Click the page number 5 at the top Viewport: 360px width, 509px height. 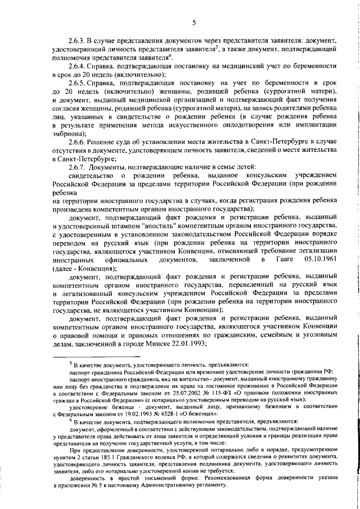pos(194,22)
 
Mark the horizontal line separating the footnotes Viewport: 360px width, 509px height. pos(96,356)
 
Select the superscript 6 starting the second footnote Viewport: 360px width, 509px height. pos(70,420)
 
